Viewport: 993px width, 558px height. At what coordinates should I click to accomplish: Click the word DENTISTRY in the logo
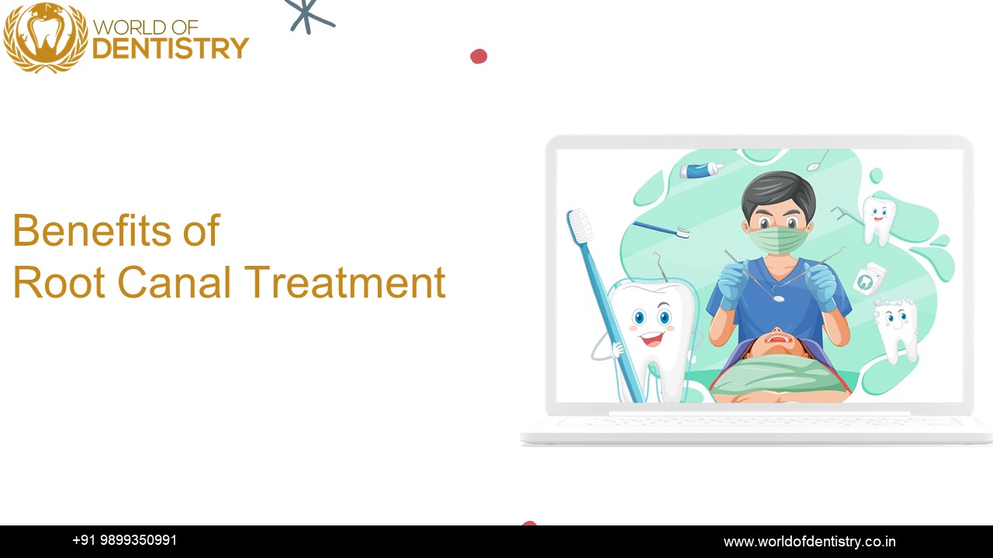tap(170, 49)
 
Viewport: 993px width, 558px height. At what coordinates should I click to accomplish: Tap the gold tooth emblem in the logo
tap(45, 36)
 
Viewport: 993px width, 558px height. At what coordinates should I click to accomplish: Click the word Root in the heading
tap(59, 282)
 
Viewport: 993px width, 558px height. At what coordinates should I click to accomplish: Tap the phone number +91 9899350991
tap(124, 540)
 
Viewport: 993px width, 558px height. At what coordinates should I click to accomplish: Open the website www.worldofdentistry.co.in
tap(809, 542)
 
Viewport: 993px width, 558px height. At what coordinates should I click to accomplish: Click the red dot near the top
tap(479, 56)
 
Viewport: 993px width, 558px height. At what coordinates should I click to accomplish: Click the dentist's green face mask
tap(778, 238)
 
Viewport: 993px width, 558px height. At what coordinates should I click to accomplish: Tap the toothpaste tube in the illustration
tap(701, 170)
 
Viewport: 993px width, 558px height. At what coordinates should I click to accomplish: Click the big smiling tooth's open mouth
tap(652, 339)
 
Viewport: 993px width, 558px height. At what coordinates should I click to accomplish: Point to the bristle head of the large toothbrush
tap(579, 226)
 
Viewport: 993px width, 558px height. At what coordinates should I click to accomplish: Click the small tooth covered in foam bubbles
tap(897, 326)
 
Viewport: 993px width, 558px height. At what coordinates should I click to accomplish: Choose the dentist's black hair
tap(778, 194)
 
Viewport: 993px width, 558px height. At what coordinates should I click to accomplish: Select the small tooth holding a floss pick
tap(878, 218)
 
